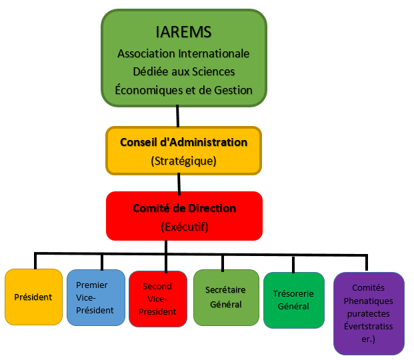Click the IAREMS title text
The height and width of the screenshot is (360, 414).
point(183,32)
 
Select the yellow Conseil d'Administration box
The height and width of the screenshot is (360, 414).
point(183,151)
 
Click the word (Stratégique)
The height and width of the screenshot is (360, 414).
point(183,161)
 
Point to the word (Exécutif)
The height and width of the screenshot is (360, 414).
point(185,227)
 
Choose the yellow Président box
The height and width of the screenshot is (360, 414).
point(33,297)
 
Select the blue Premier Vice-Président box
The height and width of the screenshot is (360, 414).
point(96,297)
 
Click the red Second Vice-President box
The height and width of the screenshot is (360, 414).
point(158,298)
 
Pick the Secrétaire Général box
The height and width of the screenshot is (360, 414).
point(226,297)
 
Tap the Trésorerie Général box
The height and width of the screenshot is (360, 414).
point(293,300)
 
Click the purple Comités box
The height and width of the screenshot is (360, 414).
point(369,313)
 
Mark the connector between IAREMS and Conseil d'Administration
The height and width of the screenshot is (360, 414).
point(177,116)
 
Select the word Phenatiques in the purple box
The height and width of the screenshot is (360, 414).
point(369,301)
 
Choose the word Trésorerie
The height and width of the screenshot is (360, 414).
point(293,293)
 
